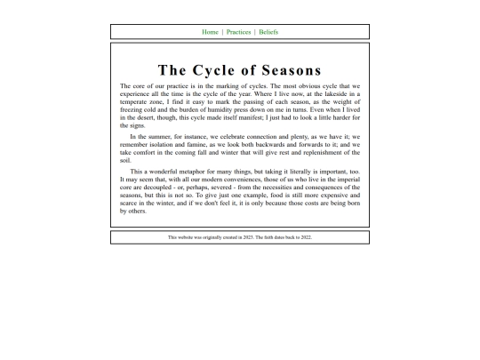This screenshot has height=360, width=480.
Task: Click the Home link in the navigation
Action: point(210,32)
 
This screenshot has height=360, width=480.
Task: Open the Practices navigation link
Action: point(238,32)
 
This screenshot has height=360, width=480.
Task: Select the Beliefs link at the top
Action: point(268,32)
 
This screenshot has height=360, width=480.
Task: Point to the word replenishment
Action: point(330,152)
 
